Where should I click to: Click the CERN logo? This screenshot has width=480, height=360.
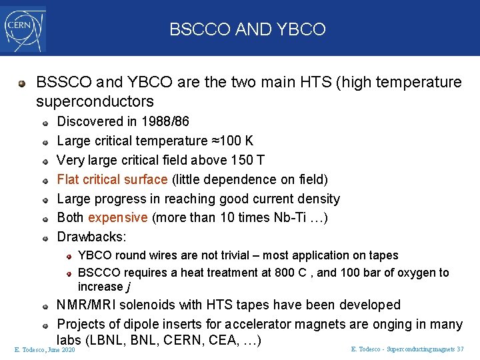point(24,28)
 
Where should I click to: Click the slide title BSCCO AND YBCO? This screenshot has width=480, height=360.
point(247,29)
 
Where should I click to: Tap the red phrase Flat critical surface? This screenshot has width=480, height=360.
point(113,179)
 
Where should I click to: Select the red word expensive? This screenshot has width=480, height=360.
point(117,218)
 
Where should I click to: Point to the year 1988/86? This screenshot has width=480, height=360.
point(165,121)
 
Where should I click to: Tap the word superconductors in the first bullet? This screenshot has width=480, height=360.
point(95,101)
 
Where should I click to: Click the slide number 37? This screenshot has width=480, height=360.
point(460,349)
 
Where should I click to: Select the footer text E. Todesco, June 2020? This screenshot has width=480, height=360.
point(45,349)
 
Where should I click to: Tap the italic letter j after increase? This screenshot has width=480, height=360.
point(127,287)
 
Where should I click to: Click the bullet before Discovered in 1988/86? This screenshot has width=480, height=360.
point(45,122)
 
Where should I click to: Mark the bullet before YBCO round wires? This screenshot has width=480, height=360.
point(69,256)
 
